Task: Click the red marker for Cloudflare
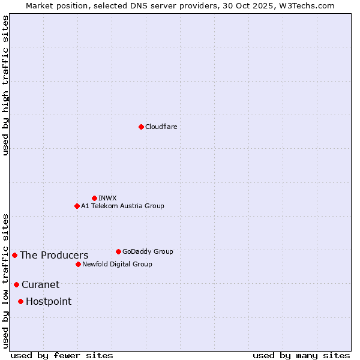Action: pyautogui.click(x=141, y=127)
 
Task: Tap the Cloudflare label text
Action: pyautogui.click(x=161, y=127)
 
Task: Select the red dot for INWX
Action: pyautogui.click(x=94, y=198)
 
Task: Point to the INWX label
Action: pyautogui.click(x=107, y=198)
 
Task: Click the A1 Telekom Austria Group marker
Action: pyautogui.click(x=77, y=206)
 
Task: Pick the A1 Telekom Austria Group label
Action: pyautogui.click(x=122, y=206)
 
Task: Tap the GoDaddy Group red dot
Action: pyautogui.click(x=118, y=251)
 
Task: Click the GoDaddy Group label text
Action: pyautogui.click(x=148, y=251)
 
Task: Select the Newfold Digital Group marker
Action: pyautogui.click(x=78, y=264)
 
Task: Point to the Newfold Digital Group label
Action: pyautogui.click(x=117, y=264)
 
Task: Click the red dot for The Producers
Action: pyautogui.click(x=14, y=255)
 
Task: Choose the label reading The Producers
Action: pyautogui.click(x=54, y=256)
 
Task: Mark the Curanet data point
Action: pyautogui.click(x=16, y=284)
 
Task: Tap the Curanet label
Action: pyautogui.click(x=41, y=285)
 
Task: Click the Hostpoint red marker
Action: pyautogui.click(x=20, y=301)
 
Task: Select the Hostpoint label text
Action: pyautogui.click(x=49, y=302)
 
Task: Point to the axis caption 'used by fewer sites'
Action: pyautogui.click(x=62, y=356)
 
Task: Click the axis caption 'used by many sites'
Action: pyautogui.click(x=301, y=356)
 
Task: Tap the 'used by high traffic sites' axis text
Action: pyautogui.click(x=5, y=85)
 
